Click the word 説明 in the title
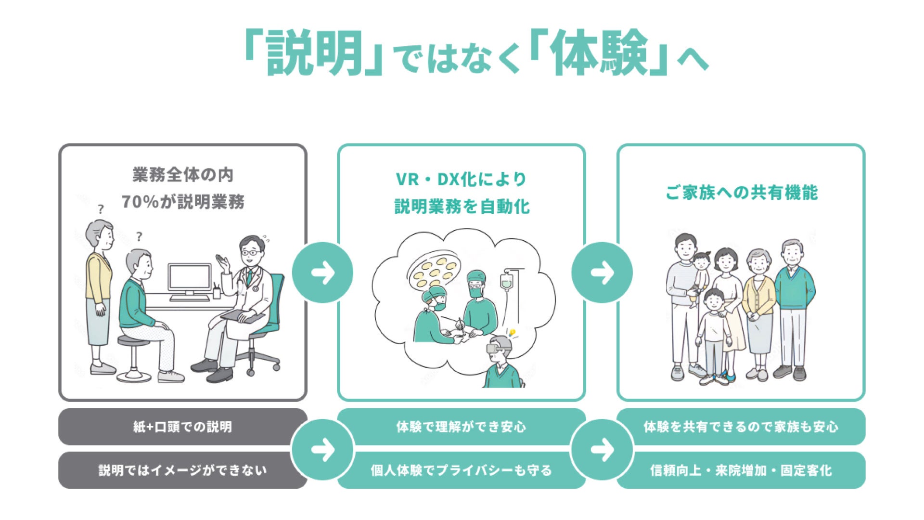tap(315, 53)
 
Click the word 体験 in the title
tap(599, 53)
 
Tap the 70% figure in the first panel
tap(140, 202)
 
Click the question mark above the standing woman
tap(101, 209)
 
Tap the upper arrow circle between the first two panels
tap(322, 273)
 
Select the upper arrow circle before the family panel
tap(602, 273)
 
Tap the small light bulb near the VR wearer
tap(512, 332)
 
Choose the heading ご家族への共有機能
tap(741, 193)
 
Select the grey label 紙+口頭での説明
tap(182, 427)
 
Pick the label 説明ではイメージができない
tap(182, 470)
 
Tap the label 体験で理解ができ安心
tap(461, 427)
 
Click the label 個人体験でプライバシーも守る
tap(461, 470)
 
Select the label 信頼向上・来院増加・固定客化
tap(741, 470)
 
